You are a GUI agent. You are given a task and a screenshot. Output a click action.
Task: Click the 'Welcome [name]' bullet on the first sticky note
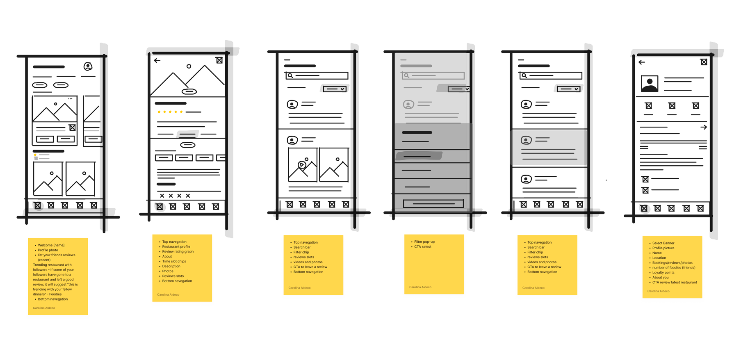coord(51,245)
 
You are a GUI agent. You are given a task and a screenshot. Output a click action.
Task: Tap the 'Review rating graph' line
coord(178,252)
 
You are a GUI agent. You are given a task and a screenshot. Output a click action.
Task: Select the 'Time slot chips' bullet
coord(174,262)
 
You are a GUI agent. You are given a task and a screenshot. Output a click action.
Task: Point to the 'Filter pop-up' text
coord(424,242)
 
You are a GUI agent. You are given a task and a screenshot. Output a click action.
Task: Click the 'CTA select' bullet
coord(423,247)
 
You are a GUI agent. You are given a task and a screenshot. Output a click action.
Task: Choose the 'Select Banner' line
coord(663,243)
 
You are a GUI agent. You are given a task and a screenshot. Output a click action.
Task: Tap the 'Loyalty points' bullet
coord(663,273)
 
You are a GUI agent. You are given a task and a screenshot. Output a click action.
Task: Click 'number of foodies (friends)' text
coord(674,268)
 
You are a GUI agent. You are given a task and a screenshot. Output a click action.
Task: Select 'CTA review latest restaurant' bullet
coord(675,283)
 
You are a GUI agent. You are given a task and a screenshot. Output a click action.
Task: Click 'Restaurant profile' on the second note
coord(176,247)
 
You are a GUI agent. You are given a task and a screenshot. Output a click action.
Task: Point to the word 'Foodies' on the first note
coord(55,294)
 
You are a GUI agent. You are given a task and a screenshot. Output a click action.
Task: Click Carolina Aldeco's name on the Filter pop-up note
coord(420,287)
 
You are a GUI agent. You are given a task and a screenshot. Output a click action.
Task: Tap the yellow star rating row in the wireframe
coord(170,112)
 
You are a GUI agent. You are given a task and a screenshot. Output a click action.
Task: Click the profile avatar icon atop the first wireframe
coord(88,66)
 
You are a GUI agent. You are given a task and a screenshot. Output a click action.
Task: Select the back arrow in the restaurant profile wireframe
coord(157,60)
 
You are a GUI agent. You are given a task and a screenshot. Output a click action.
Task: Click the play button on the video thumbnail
coord(302,165)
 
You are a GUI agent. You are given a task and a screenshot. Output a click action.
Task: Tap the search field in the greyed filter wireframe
coord(433,76)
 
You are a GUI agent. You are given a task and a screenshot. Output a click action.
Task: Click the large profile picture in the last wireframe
coord(649,84)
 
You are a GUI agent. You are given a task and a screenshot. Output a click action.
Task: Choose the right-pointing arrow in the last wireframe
coord(704,128)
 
